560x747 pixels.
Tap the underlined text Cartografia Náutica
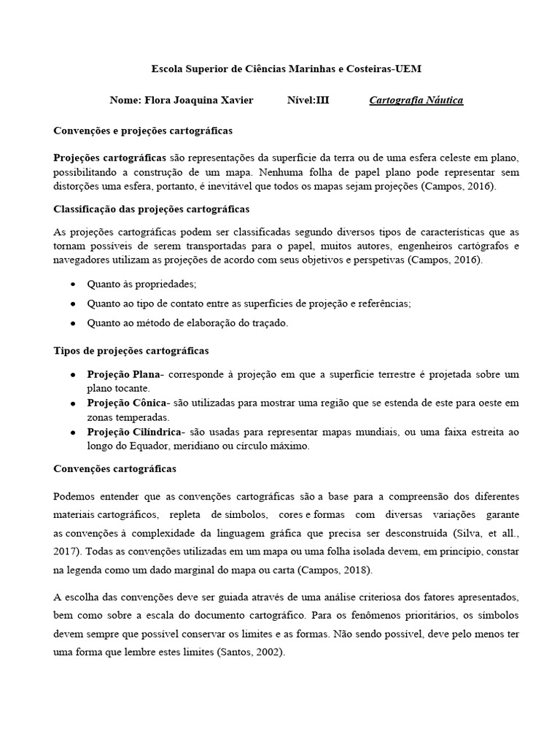[x=416, y=100]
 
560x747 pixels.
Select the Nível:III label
[x=308, y=100]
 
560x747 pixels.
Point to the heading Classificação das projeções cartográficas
[x=152, y=209]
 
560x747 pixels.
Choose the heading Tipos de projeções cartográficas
[x=131, y=351]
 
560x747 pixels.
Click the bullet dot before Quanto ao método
[x=73, y=322]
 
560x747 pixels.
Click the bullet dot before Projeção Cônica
[x=73, y=403]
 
